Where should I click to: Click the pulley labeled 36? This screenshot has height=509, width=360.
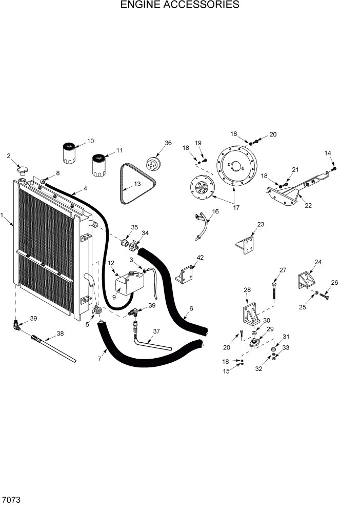pos(152,165)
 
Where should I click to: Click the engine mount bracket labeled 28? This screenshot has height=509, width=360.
pos(250,312)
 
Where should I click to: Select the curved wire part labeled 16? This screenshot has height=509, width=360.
pos(201,225)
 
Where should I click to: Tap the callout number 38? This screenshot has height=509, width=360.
pos(60,333)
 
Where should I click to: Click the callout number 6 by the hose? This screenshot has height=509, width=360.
pos(191,308)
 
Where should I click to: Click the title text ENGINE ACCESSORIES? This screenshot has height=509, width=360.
pos(179,5)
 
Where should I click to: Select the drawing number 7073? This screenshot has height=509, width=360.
pos(11,499)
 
